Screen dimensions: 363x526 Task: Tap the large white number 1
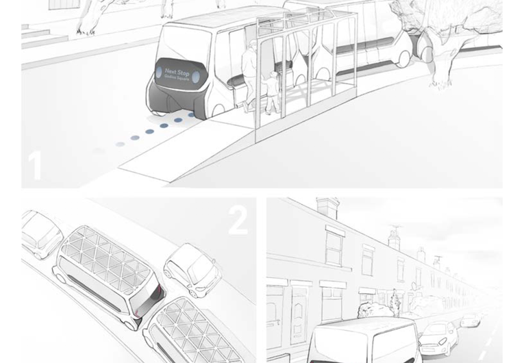(x=34, y=166)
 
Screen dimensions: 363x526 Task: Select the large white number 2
(x=238, y=220)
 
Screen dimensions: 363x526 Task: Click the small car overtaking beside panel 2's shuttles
(x=193, y=268)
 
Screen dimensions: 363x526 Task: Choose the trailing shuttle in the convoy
(x=192, y=332)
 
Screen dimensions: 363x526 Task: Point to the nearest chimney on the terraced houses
(x=327, y=208)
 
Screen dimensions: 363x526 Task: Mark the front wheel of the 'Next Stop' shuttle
(x=218, y=109)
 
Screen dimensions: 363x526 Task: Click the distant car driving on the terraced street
(x=470, y=320)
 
